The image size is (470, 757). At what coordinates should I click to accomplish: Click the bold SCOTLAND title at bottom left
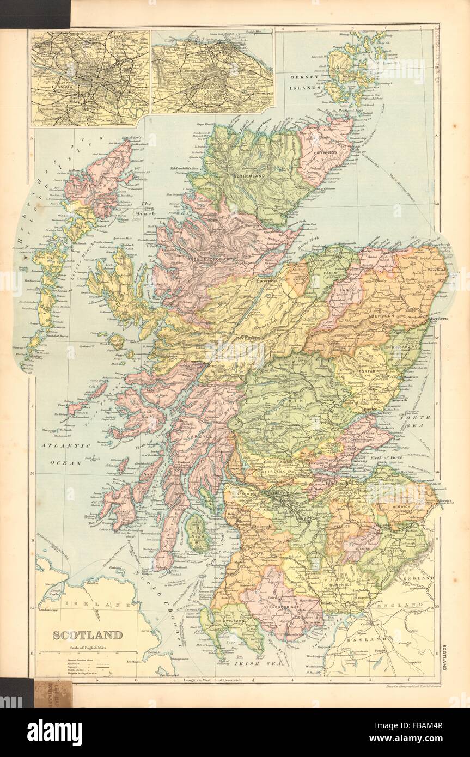[x=87, y=634]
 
